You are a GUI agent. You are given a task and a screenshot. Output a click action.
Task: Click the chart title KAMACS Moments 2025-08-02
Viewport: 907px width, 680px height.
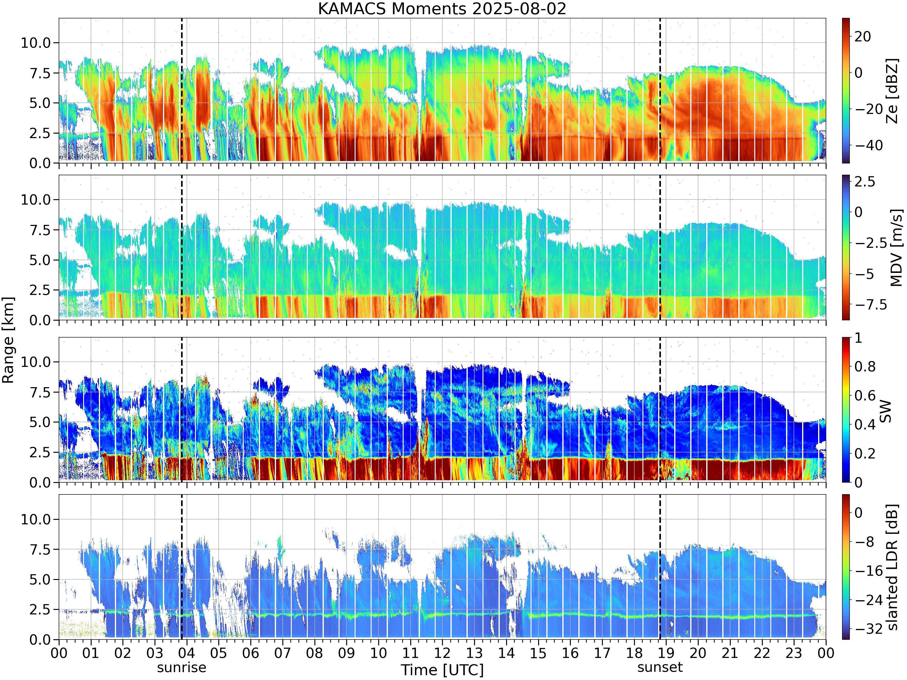pyautogui.click(x=442, y=8)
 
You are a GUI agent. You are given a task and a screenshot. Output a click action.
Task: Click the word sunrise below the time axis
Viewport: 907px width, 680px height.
pyautogui.click(x=182, y=667)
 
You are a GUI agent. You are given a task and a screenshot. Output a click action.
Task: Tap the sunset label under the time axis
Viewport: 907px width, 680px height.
pyautogui.click(x=660, y=667)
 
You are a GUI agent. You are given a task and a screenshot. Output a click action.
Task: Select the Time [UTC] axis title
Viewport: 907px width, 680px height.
pyautogui.click(x=442, y=670)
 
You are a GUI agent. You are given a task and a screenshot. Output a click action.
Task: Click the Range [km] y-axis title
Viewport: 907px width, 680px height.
pyautogui.click(x=8, y=340)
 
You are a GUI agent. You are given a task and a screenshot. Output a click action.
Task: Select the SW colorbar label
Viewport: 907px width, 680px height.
pyautogui.click(x=886, y=411)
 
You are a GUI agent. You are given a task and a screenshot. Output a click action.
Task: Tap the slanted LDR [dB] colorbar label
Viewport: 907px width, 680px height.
pyautogui.click(x=892, y=567)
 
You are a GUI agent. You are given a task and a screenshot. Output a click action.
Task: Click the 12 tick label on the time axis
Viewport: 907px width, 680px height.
pyautogui.click(x=442, y=653)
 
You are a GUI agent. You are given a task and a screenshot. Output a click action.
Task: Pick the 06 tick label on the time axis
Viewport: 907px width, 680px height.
pyautogui.click(x=251, y=653)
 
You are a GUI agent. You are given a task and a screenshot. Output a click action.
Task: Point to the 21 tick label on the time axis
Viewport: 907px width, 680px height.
pyautogui.click(x=730, y=653)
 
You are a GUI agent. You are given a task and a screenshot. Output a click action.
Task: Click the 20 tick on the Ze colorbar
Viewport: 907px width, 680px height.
pyautogui.click(x=863, y=37)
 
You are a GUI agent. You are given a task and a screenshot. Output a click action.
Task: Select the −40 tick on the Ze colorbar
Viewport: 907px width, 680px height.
pyautogui.click(x=865, y=145)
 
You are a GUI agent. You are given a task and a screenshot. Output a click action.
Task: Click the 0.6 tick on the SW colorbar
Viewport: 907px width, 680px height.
pyautogui.click(x=865, y=396)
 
